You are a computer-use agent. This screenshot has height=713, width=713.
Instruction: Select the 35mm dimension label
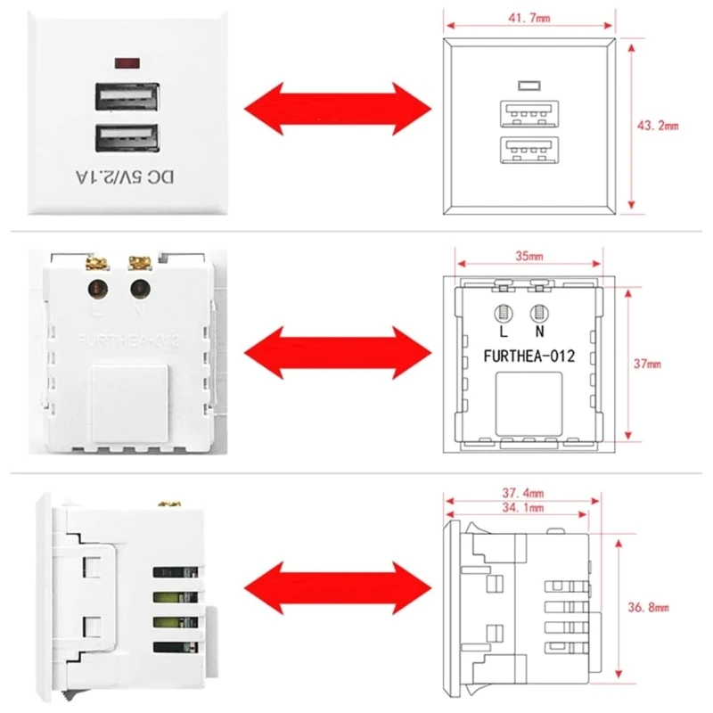tap(528, 257)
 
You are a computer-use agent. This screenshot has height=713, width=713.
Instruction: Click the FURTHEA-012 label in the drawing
tap(528, 356)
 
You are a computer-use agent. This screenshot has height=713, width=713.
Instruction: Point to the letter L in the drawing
tap(502, 332)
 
